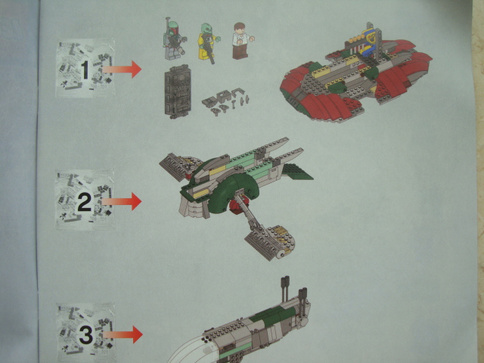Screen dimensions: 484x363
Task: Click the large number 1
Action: [85, 70]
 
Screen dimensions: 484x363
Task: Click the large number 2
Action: [85, 202]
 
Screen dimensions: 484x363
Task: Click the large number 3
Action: [86, 335]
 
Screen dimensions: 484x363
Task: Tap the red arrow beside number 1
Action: [122, 70]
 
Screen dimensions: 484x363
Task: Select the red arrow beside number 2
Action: [122, 201]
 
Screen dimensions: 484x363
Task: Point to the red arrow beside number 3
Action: [123, 334]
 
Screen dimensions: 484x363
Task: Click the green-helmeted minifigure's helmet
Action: [173, 28]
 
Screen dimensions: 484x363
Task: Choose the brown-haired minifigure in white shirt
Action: [242, 40]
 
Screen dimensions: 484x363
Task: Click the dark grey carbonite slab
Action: [177, 92]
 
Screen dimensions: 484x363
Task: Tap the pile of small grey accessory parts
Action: [225, 101]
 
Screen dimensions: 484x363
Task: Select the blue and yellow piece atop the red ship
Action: [370, 42]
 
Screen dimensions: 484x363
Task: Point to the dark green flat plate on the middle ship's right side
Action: [297, 172]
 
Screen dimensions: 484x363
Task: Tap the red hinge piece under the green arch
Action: [239, 205]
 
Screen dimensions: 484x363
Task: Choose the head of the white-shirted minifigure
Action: [239, 28]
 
